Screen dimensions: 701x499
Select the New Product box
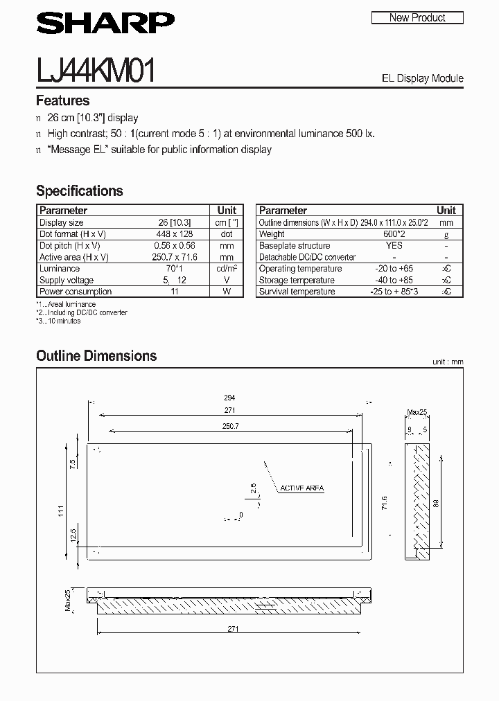click(417, 18)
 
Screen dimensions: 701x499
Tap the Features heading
click(63, 100)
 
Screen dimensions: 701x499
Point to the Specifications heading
click(79, 190)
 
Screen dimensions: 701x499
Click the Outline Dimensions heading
click(96, 356)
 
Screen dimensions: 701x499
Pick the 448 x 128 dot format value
click(174, 234)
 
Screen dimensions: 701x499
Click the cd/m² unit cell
click(227, 269)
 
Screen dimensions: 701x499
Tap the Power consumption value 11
click(175, 292)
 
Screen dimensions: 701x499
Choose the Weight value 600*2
click(394, 234)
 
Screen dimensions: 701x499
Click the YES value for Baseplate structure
click(394, 246)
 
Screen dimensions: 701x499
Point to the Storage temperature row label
click(297, 281)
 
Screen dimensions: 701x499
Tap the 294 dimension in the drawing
click(230, 398)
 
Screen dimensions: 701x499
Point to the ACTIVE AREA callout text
click(301, 488)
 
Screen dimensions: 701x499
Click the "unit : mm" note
click(447, 362)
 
